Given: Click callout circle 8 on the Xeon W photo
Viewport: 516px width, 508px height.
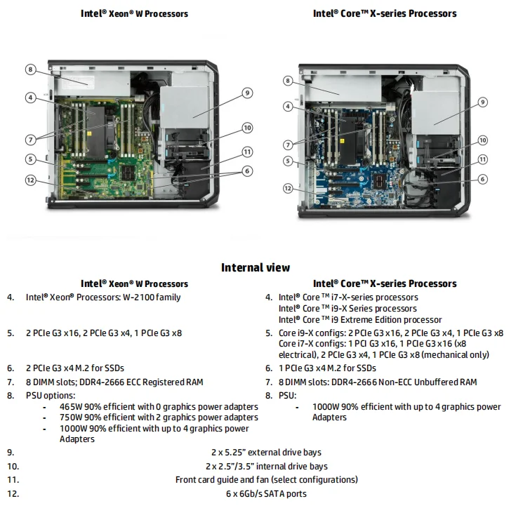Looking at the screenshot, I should pyautogui.click(x=30, y=69).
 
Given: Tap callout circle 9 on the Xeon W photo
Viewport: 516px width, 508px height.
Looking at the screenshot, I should pyautogui.click(x=247, y=92).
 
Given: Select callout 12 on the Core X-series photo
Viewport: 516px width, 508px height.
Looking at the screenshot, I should pyautogui.click(x=288, y=188).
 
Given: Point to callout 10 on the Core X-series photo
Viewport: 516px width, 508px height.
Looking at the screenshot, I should pyautogui.click(x=482, y=140).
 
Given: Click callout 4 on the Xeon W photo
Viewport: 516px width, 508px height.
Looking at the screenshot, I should pyautogui.click(x=30, y=98).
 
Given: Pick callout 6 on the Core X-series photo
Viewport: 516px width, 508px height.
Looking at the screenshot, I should pyautogui.click(x=482, y=179).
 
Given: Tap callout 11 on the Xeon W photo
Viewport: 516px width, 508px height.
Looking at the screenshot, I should pyautogui.click(x=247, y=152).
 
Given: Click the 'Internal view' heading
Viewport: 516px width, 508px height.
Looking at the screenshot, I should pyautogui.click(x=256, y=267).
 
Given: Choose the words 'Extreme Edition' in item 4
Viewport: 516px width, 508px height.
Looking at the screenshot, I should pyautogui.click(x=363, y=319).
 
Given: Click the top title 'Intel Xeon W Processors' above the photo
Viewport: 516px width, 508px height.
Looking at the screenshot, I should pyautogui.click(x=134, y=13).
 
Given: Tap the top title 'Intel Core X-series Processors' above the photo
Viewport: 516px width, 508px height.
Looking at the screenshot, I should pyautogui.click(x=385, y=13).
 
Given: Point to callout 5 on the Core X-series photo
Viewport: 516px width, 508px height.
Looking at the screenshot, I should pyautogui.click(x=288, y=161).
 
